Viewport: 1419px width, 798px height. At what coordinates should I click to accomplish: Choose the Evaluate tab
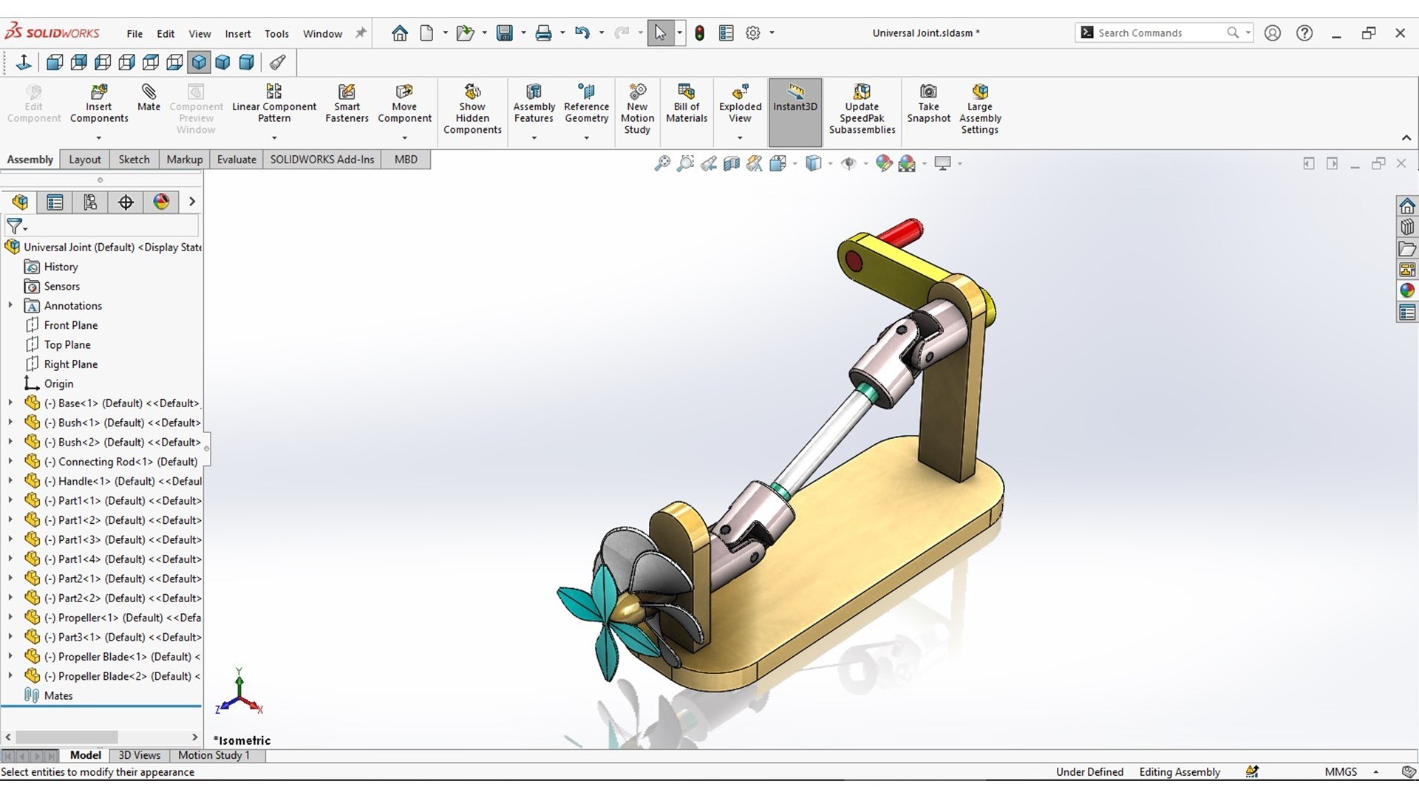coord(236,160)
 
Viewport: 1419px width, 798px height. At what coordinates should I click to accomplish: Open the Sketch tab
coord(134,160)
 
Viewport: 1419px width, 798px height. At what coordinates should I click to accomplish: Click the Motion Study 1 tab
coord(214,755)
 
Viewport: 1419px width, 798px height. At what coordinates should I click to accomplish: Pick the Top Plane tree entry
coord(67,345)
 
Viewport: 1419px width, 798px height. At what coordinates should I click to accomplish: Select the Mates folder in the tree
coord(58,696)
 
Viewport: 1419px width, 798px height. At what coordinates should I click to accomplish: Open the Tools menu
coord(276,34)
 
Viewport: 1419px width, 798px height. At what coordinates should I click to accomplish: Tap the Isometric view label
coord(242,740)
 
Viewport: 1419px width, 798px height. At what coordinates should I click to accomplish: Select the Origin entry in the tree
coord(58,384)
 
